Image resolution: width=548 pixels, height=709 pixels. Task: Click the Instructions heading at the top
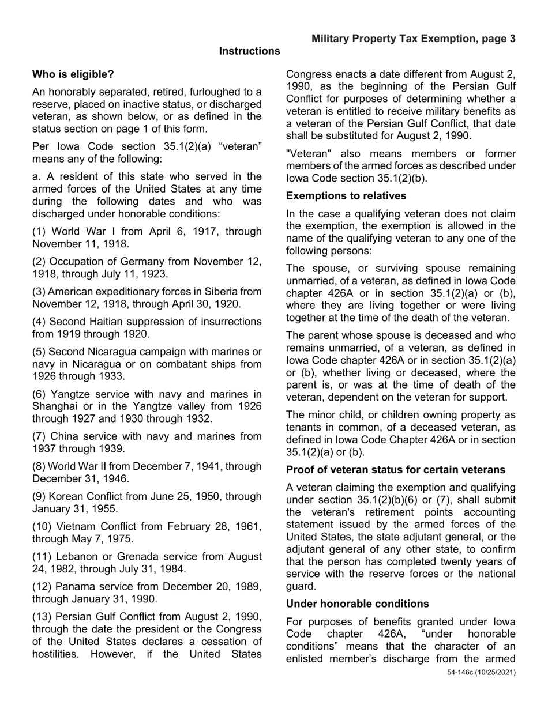point(249,51)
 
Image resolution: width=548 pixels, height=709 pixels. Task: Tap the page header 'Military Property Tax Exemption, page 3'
point(413,39)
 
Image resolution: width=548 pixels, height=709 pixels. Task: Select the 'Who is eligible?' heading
point(73,74)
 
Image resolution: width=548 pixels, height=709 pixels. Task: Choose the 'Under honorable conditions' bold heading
point(357,604)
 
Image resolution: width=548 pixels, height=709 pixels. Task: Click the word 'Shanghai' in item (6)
point(53,406)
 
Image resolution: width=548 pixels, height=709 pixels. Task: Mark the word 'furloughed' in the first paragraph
point(201,92)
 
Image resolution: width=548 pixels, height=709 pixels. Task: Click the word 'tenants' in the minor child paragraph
point(304,427)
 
